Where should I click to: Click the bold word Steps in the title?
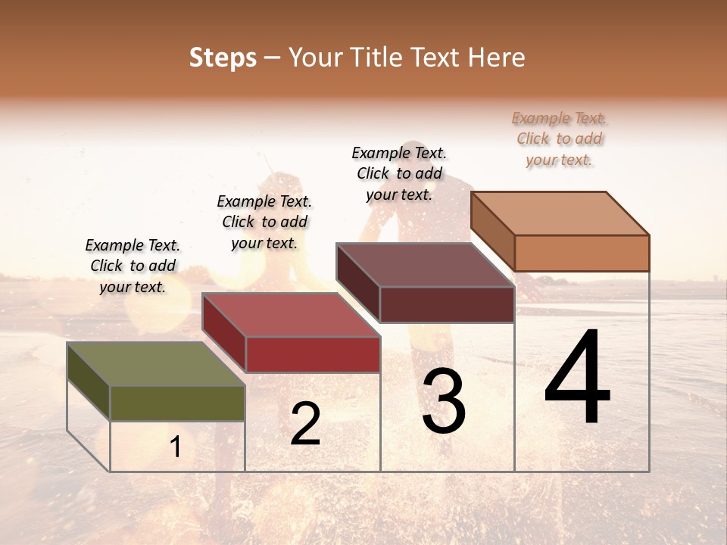[x=223, y=58]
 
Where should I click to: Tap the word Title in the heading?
[x=379, y=58]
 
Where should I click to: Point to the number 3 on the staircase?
[x=444, y=401]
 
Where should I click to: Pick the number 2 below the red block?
[x=305, y=424]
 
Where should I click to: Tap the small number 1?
[x=176, y=447]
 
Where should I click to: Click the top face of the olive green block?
[x=156, y=364]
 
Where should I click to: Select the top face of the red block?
[x=291, y=315]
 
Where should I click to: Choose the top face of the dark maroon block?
[x=425, y=265]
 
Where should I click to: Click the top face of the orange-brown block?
[x=560, y=213]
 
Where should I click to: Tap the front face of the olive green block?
[x=177, y=403]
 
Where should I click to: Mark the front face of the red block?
[x=313, y=354]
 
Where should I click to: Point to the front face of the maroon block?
[x=447, y=304]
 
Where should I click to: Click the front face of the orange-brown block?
[x=582, y=253]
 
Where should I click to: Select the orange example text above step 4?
[x=560, y=139]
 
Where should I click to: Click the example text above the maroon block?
[x=399, y=173]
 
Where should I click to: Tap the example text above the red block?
[x=264, y=222]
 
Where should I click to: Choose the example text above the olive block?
[x=133, y=266]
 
